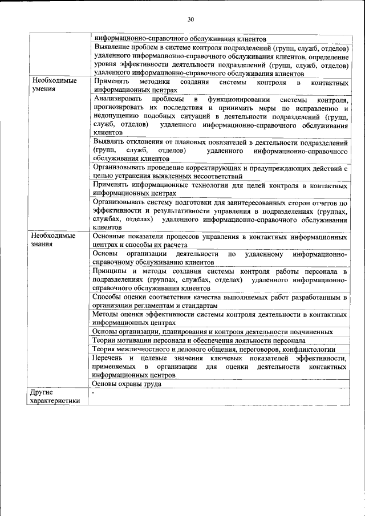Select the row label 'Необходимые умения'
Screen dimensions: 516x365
(54, 85)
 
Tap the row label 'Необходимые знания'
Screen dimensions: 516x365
(54, 239)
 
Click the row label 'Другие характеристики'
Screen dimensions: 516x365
(55, 397)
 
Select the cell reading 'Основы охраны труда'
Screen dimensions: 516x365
(127, 384)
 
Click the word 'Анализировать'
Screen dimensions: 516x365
(117, 100)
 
